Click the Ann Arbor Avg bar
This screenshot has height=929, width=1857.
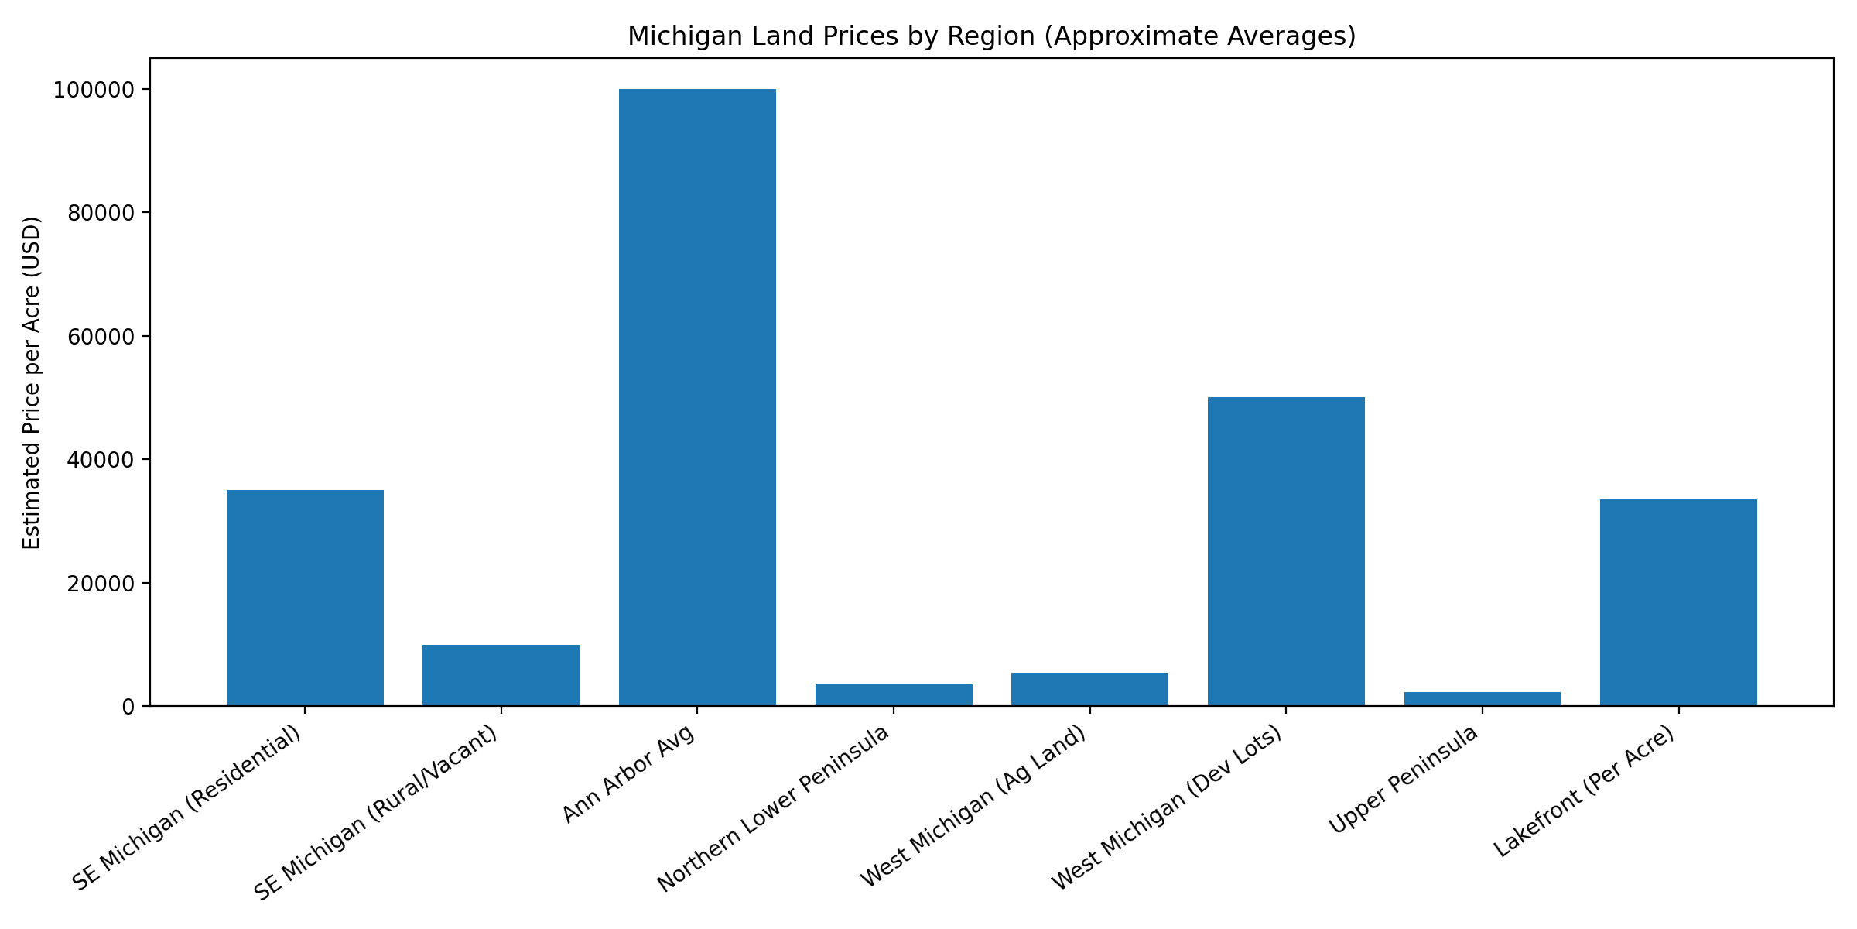coord(697,397)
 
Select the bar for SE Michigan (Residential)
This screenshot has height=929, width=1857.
coord(305,598)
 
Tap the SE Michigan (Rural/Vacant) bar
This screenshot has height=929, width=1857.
coord(501,675)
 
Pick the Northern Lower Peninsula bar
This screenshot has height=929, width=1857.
coord(894,695)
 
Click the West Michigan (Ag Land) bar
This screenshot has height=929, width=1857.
coord(1089,689)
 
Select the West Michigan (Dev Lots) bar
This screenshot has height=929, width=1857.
coord(1286,551)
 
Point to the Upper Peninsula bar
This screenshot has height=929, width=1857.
coord(1482,699)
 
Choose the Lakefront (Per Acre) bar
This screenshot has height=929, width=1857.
coord(1678,602)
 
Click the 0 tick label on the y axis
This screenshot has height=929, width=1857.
coord(128,707)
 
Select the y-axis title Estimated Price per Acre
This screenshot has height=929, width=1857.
coord(32,382)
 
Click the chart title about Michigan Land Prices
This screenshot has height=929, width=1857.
coord(991,36)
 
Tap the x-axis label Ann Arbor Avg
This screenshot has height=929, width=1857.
coord(628,774)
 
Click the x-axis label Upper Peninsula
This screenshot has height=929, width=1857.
coord(1403,780)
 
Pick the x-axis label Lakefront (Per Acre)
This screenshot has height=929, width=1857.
coord(1583,792)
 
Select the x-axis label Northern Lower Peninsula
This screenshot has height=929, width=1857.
coord(773,809)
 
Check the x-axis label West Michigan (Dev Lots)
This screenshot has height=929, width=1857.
coord(1166,808)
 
